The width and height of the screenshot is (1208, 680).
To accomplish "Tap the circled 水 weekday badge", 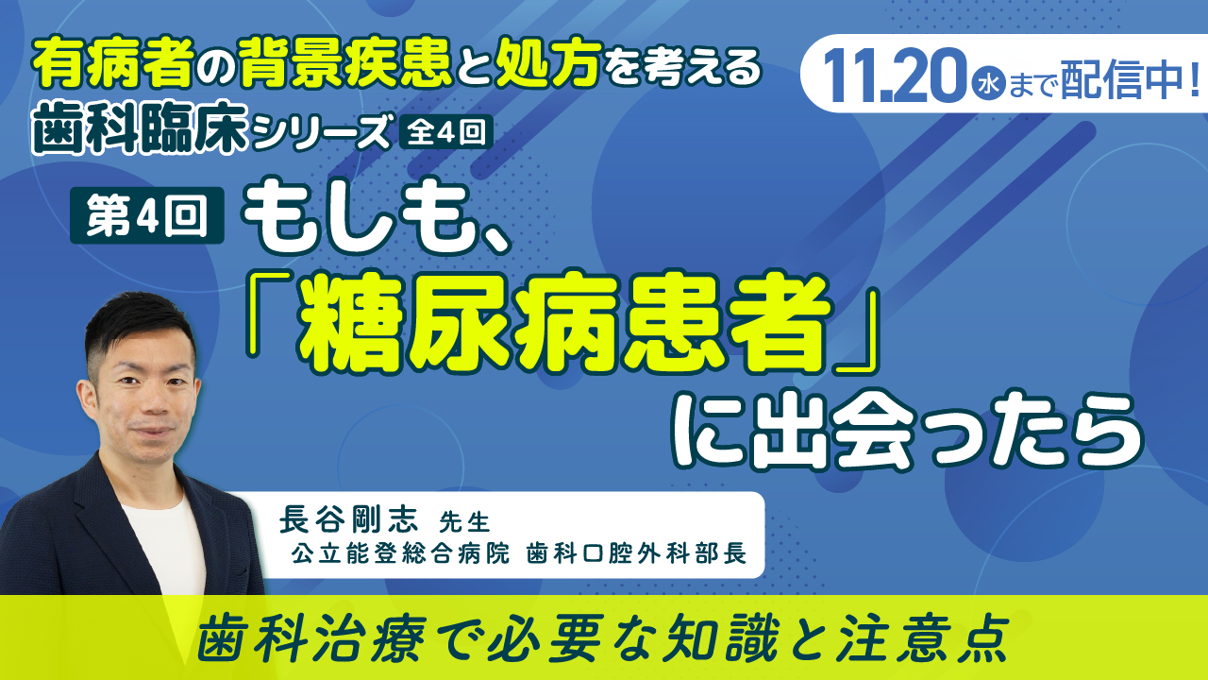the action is click(988, 86).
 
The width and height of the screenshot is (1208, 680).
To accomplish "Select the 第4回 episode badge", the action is click(147, 215).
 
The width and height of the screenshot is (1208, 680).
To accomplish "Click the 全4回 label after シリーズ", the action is click(446, 131).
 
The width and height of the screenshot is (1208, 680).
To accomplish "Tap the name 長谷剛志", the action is click(348, 520).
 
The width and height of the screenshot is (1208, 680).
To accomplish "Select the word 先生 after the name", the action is click(464, 522).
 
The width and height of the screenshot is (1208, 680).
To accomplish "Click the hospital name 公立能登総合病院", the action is click(400, 553).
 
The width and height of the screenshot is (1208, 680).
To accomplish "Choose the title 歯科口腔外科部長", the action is click(636, 553).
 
